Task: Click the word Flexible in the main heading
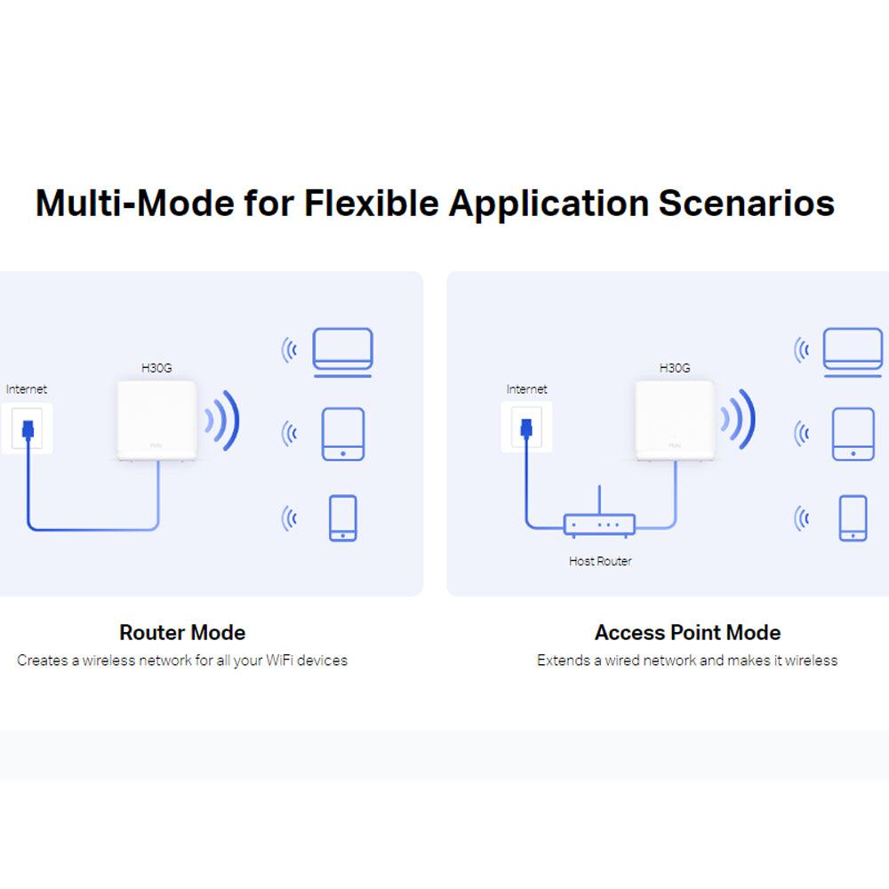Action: click(372, 203)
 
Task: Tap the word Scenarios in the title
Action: click(746, 203)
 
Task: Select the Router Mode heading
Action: click(182, 632)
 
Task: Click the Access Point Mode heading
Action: click(687, 632)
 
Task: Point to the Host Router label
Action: click(600, 561)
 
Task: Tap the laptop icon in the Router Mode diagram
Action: click(342, 352)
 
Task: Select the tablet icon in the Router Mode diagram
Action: click(343, 434)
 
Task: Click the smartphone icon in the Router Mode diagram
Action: click(343, 517)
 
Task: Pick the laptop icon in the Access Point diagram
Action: click(853, 352)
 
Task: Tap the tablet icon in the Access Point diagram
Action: click(853, 434)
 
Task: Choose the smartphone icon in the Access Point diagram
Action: click(853, 517)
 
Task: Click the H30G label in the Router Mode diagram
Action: click(156, 368)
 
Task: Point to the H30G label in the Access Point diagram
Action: click(675, 368)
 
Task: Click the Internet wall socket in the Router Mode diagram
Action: click(28, 428)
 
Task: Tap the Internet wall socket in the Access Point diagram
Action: click(526, 427)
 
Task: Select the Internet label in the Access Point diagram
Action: click(526, 389)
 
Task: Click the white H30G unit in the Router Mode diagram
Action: click(156, 420)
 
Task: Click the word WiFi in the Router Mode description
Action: click(279, 660)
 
